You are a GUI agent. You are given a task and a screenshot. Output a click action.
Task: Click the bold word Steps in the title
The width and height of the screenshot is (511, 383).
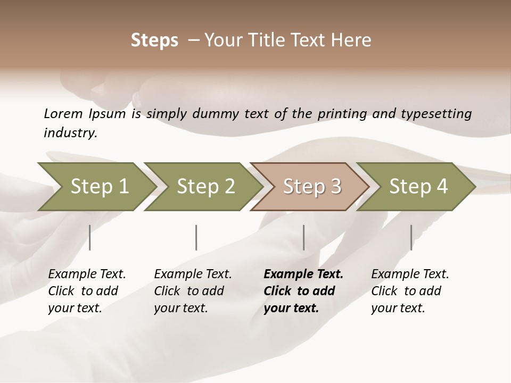click(x=154, y=40)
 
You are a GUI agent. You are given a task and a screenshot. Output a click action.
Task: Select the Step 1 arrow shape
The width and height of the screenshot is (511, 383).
click(x=99, y=187)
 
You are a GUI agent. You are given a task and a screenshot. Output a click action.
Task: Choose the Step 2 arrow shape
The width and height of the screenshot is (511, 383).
click(x=205, y=187)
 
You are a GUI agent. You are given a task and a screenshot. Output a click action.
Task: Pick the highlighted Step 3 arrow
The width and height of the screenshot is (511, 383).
click(x=312, y=187)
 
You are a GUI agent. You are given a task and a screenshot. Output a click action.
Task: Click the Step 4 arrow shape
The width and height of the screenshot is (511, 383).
click(x=418, y=187)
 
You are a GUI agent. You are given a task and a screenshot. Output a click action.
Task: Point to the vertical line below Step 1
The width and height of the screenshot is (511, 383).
click(x=90, y=237)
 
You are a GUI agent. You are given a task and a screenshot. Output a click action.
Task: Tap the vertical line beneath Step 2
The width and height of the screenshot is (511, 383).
click(x=196, y=237)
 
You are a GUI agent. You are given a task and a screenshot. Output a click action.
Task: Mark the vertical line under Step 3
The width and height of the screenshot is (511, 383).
click(x=303, y=237)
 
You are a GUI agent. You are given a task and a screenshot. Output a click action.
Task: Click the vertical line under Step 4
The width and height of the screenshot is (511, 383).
click(x=411, y=237)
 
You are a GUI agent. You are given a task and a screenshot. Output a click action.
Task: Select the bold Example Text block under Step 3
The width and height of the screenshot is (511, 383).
click(x=303, y=291)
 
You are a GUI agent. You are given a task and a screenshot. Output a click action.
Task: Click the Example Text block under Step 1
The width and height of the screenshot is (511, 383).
click(x=87, y=291)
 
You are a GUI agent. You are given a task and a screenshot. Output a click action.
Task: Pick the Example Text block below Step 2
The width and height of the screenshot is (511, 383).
click(x=193, y=291)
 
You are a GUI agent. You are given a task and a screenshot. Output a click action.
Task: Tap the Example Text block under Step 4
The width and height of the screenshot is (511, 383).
click(x=410, y=291)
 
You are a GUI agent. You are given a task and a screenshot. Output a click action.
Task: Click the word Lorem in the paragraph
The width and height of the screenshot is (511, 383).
click(x=63, y=114)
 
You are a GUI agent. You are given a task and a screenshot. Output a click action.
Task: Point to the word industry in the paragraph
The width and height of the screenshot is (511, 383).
click(x=70, y=133)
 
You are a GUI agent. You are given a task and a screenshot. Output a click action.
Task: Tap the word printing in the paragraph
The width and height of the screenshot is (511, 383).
click(x=341, y=114)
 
